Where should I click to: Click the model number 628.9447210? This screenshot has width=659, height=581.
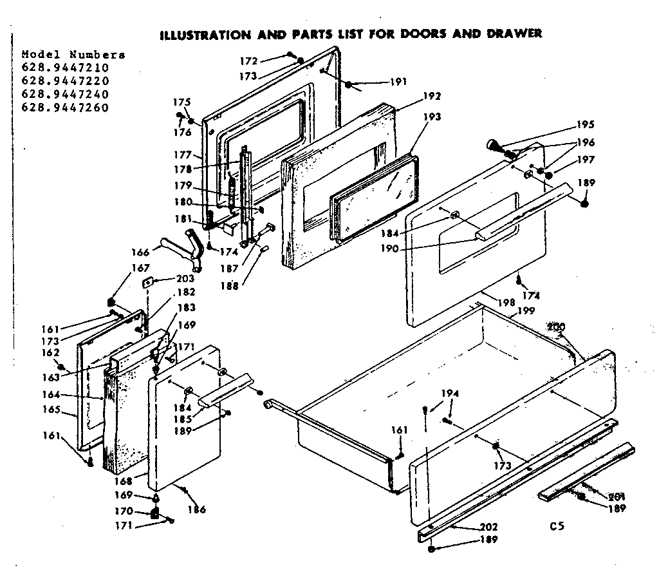65,68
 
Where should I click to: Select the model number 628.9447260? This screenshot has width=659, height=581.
65,108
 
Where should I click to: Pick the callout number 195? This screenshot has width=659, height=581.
585,124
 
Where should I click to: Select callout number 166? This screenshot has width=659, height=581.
141,252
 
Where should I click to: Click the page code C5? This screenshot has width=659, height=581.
557,526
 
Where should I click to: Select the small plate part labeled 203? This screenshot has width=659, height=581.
149,281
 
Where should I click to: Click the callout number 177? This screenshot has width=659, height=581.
183,155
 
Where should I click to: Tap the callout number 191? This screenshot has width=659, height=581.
398,82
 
